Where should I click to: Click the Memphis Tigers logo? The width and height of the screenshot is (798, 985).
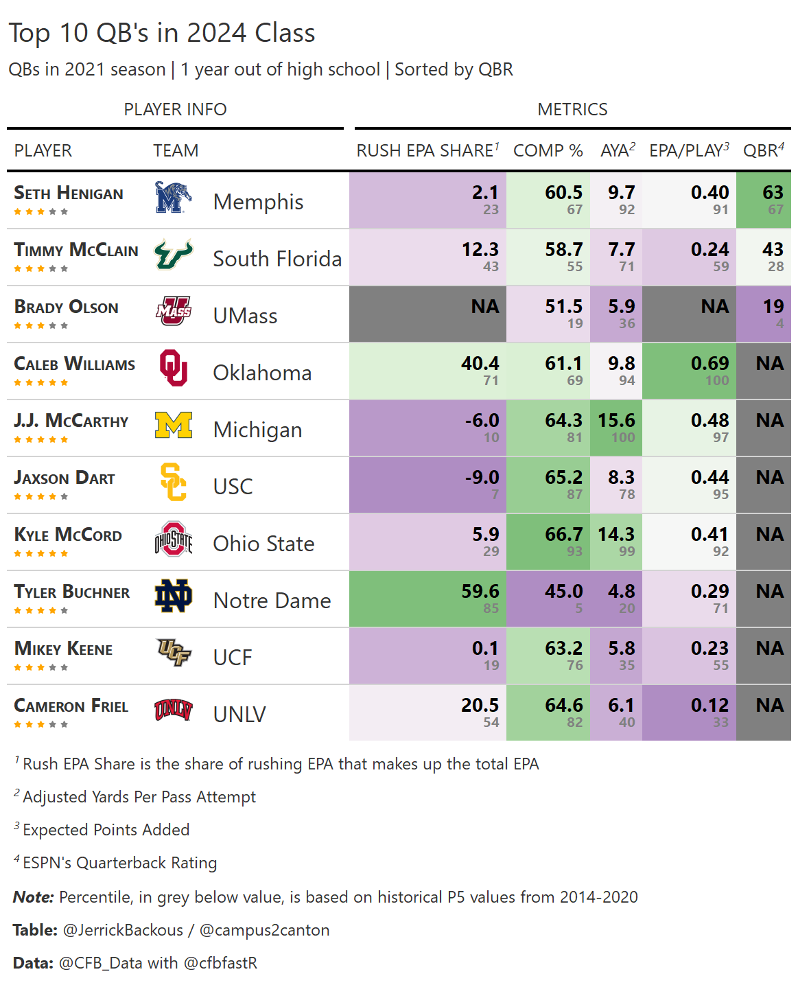click(173, 198)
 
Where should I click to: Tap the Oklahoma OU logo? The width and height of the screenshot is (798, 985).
click(173, 369)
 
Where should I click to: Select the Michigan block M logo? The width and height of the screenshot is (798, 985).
click(174, 426)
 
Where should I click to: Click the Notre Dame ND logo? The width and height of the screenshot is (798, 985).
click(173, 596)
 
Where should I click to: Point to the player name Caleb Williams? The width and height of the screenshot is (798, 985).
click(75, 364)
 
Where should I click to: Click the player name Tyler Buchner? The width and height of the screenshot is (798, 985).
click(72, 592)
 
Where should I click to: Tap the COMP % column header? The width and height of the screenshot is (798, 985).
click(548, 151)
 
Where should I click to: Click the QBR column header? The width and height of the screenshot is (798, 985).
click(763, 151)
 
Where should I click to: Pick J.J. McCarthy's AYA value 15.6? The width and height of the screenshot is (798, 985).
click(616, 421)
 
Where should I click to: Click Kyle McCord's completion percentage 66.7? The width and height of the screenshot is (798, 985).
click(563, 535)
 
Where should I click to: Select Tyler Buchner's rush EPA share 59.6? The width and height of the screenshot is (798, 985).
click(480, 592)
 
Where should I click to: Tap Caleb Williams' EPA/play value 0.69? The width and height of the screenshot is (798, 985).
click(709, 364)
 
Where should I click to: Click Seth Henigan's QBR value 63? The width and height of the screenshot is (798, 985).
click(773, 193)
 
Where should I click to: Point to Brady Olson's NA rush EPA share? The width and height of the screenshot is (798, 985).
click(484, 307)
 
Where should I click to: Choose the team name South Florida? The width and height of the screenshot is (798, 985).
click(277, 259)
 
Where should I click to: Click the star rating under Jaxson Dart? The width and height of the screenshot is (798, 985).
click(41, 496)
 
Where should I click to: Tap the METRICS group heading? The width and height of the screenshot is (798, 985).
click(572, 110)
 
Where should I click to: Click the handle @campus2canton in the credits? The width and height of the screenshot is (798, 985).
click(264, 931)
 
